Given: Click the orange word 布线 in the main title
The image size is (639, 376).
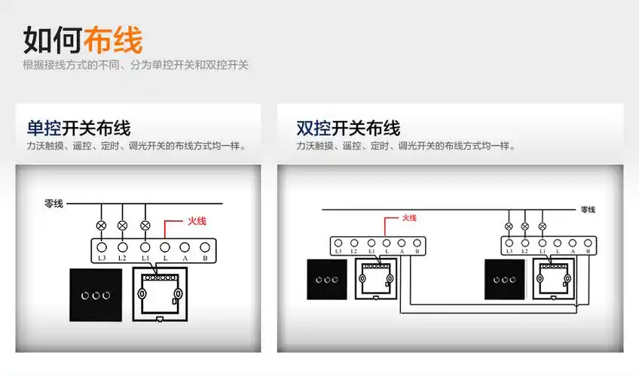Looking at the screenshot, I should click(113, 39).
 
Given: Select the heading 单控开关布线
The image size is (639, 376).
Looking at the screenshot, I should click(78, 128).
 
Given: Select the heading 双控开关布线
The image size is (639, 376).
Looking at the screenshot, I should click(348, 128).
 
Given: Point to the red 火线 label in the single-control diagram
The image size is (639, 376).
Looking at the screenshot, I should click(196, 222).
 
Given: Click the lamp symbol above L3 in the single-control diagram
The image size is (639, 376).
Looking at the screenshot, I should click(101, 225).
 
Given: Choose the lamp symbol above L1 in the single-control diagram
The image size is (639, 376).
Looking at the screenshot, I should click(145, 225).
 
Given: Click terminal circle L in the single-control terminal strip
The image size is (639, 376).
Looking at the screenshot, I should click(165, 247).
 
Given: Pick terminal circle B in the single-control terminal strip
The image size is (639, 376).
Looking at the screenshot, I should click(204, 247).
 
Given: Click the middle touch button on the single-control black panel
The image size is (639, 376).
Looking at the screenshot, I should click(95, 295).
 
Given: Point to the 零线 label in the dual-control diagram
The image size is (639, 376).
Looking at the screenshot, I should click(588, 210).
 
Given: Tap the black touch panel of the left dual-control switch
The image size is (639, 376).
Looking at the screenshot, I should click(327, 279).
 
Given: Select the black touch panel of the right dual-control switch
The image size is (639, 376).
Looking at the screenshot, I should click(499, 279).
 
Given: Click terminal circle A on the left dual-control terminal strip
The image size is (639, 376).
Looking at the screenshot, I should click(402, 242).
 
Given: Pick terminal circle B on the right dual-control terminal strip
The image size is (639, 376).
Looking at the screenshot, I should click(588, 242).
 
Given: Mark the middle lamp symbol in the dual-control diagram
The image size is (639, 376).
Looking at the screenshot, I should click(525, 226).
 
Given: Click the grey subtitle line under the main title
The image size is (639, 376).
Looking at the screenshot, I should click(136, 65).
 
